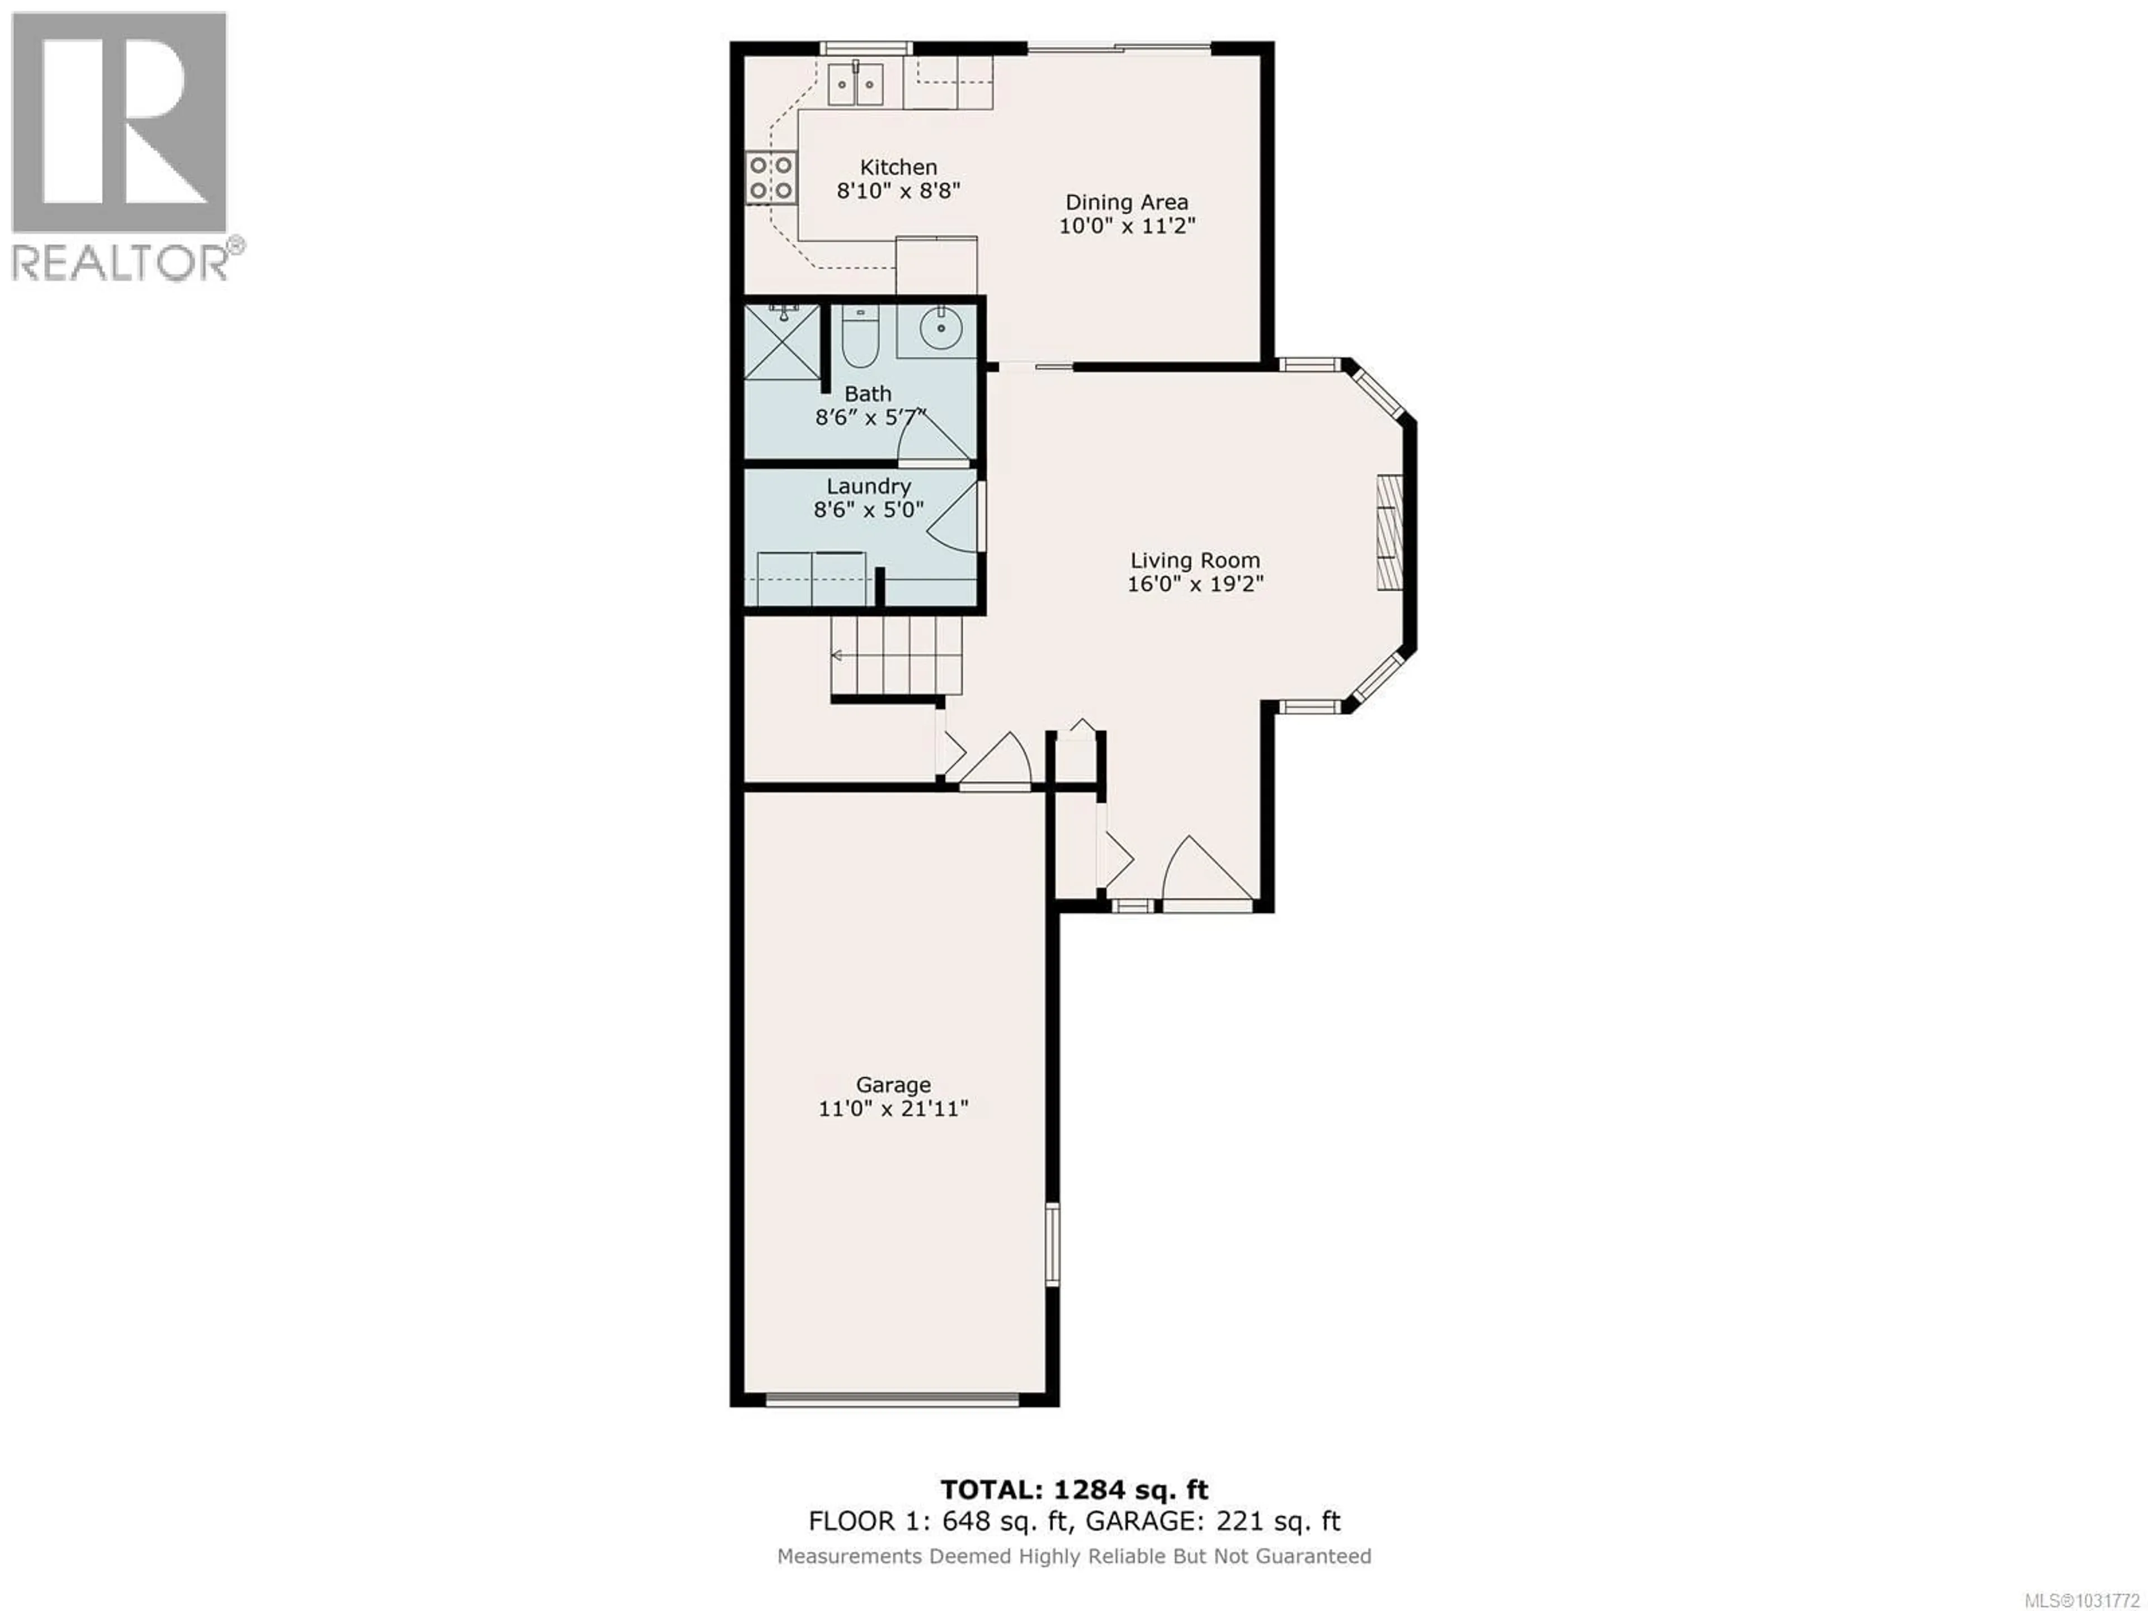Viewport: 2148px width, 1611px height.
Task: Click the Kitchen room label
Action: point(898,167)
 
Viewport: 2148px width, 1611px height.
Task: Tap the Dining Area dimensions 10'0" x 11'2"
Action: point(1127,226)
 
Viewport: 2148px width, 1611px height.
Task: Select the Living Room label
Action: point(1194,560)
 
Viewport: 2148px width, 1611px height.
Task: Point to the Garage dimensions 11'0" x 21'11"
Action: point(893,1109)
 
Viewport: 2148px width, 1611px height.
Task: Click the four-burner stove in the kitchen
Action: point(770,178)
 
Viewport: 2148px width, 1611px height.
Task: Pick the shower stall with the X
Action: point(781,342)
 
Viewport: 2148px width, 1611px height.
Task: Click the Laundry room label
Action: point(868,487)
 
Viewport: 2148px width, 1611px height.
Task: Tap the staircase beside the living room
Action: point(896,657)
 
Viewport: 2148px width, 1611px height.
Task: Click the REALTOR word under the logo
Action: point(120,262)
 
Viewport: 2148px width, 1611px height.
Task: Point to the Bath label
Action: point(867,394)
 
